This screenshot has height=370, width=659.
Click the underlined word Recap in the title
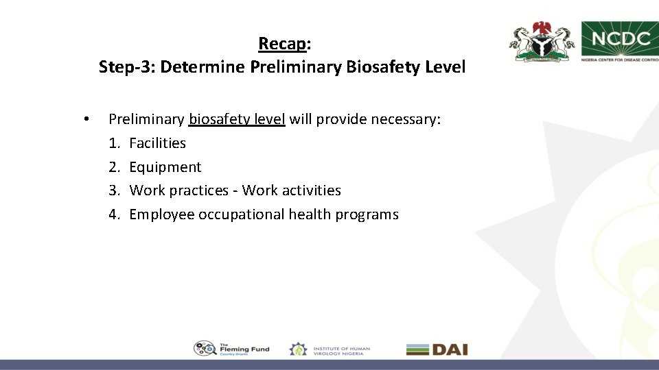pyautogui.click(x=282, y=44)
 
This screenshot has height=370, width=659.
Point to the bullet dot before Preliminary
pyautogui.click(x=85, y=120)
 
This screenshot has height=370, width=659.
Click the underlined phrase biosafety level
pyautogui.click(x=237, y=120)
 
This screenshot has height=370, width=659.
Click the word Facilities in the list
pyautogui.click(x=157, y=143)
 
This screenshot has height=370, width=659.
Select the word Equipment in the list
pyautogui.click(x=165, y=167)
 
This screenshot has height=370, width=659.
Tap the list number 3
pyautogui.click(x=113, y=190)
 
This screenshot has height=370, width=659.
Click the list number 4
pyautogui.click(x=113, y=214)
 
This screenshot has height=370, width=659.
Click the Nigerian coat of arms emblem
pyautogui.click(x=542, y=42)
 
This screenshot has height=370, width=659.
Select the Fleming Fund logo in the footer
pyautogui.click(x=231, y=349)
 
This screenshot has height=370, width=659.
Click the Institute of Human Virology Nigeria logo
pyautogui.click(x=329, y=349)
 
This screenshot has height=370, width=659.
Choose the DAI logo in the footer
pyautogui.click(x=437, y=349)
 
